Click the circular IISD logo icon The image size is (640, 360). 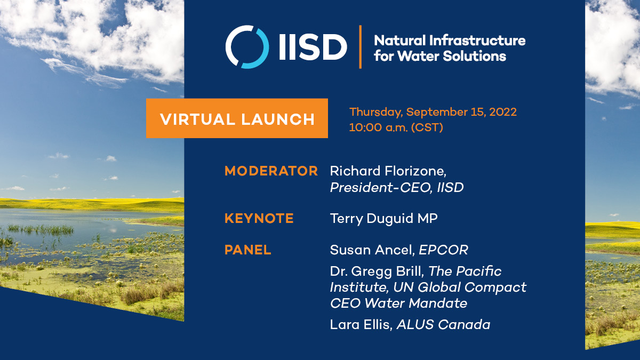[x=247, y=47]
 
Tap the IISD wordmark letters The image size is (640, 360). [x=312, y=47]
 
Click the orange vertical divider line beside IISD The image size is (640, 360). [x=361, y=47]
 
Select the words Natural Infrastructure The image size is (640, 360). [x=449, y=41]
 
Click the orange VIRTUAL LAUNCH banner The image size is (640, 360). [x=237, y=118]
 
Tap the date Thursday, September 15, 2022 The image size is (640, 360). [x=433, y=113]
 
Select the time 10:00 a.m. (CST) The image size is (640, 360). [x=396, y=128]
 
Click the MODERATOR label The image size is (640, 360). [x=271, y=171]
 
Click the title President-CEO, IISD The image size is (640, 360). [x=396, y=187]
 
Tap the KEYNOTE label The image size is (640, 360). [x=259, y=218]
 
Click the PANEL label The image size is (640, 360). [x=247, y=250]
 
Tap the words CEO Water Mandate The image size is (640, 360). [x=398, y=303]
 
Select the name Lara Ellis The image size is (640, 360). [x=361, y=324]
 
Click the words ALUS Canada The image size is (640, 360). [x=443, y=324]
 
